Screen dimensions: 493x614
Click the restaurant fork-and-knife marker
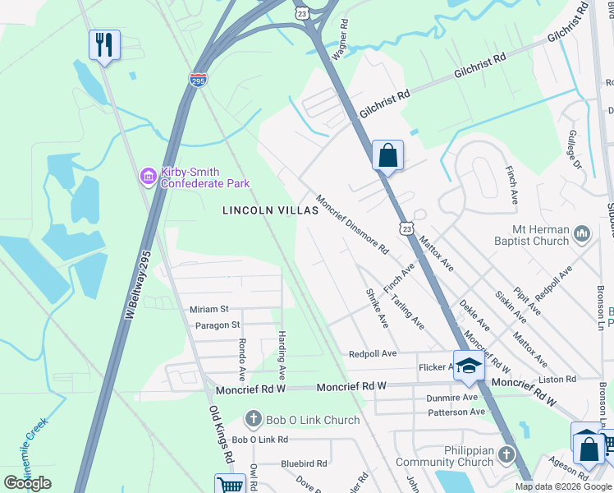coord(104,44)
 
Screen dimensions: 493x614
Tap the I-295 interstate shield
coord(198,80)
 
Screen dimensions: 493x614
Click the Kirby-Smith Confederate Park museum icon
coord(148,175)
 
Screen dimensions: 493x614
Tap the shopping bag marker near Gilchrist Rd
coord(387,154)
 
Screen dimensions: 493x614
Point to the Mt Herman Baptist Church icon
coord(582,233)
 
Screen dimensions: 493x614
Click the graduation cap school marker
coord(469,366)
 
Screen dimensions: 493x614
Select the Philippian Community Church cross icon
coord(507,454)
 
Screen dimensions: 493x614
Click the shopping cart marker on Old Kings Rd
coord(231,485)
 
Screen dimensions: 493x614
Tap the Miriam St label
coord(209,309)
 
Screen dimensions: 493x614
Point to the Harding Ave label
coord(281,348)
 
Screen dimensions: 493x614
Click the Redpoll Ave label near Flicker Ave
coord(373,353)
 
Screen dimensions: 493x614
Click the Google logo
coord(28,483)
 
